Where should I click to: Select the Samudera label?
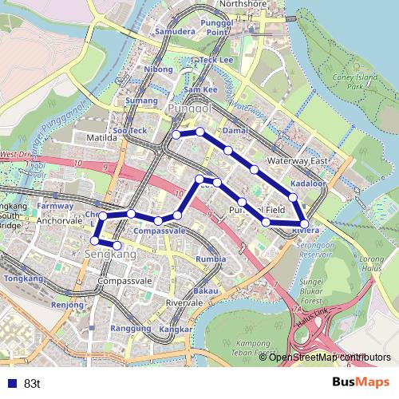[x=174, y=33]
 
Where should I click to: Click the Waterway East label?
[x=298, y=161]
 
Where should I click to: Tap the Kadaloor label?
[x=307, y=184]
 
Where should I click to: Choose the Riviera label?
[x=306, y=231]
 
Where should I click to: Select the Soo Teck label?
[x=129, y=130]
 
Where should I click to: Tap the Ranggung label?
[x=131, y=328]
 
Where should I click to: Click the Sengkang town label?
[x=110, y=255]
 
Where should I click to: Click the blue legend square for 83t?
[x=10, y=383]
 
